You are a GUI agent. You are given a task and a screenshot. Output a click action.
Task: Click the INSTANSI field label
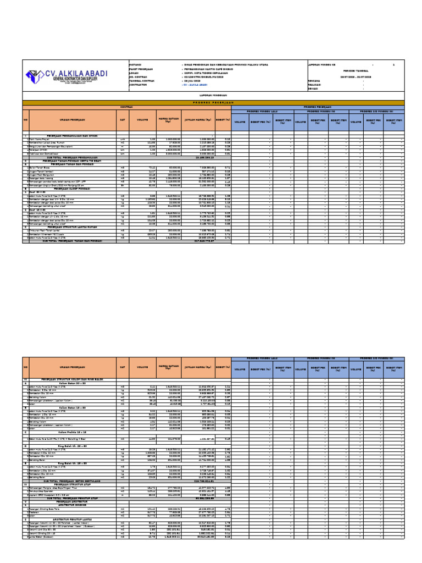137,64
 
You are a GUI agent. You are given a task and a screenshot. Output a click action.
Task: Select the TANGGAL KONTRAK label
142,80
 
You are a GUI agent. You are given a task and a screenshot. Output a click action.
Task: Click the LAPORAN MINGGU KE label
325,64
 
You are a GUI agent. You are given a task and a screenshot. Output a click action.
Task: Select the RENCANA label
314,80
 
